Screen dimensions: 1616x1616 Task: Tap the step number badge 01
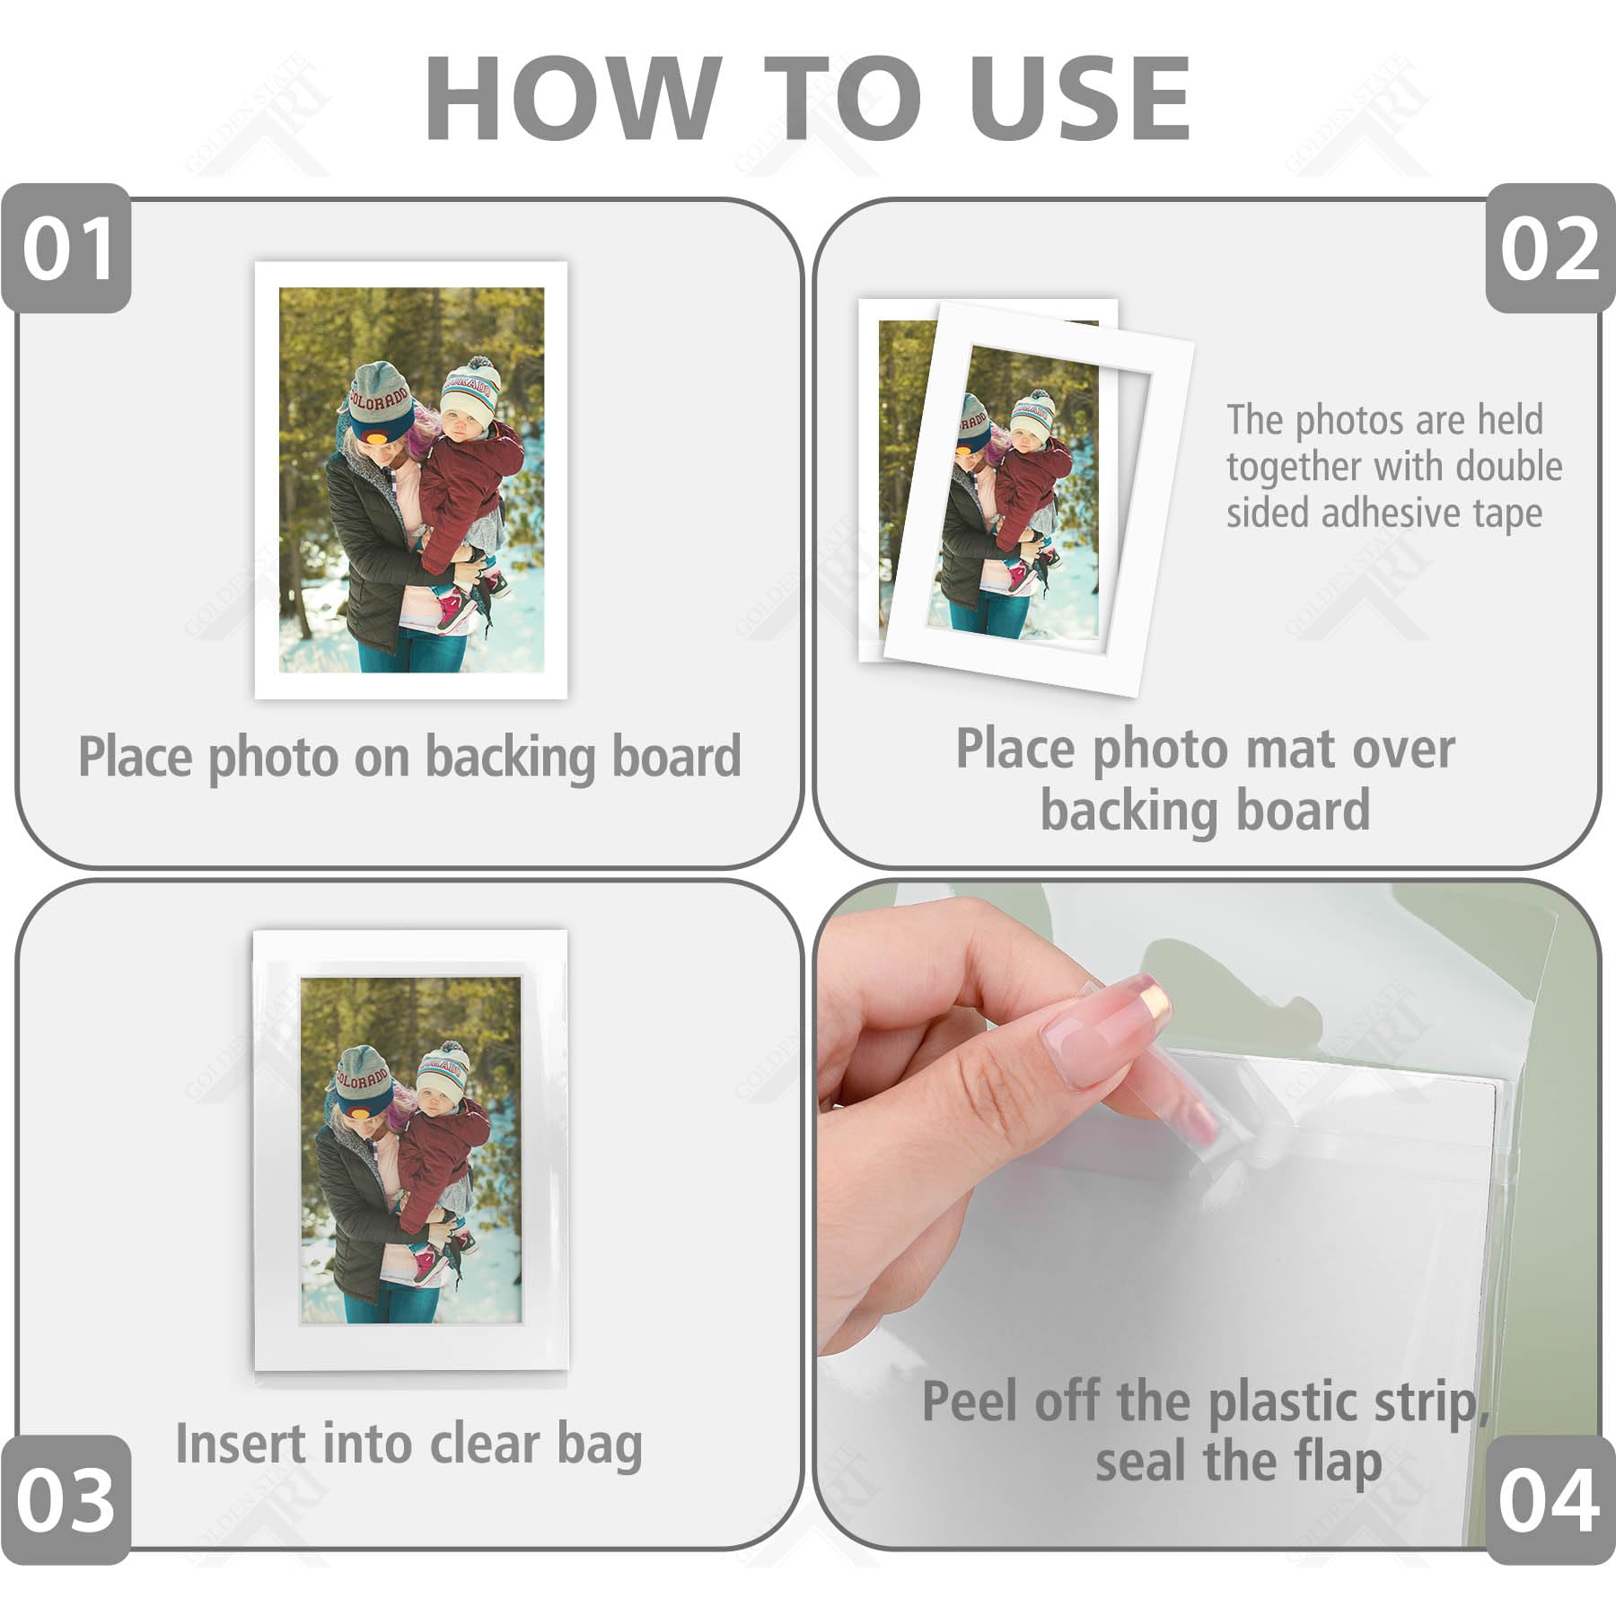click(x=67, y=249)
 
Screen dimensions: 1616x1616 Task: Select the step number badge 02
click(x=1550, y=249)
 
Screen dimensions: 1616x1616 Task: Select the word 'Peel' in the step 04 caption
click(x=970, y=1402)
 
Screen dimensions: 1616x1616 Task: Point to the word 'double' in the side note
click(x=1508, y=467)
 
